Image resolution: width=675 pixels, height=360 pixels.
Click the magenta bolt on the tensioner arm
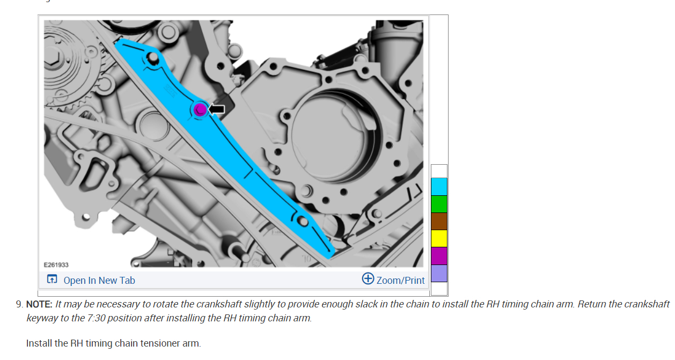[200, 109]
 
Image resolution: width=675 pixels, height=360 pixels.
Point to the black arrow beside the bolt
[217, 109]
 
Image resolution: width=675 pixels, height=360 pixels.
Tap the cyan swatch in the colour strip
[439, 187]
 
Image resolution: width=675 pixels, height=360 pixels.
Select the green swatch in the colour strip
[439, 204]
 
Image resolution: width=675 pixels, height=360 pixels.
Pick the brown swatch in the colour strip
[439, 222]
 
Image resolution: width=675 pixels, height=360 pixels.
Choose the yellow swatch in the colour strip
[439, 239]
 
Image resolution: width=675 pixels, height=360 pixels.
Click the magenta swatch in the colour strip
[439, 256]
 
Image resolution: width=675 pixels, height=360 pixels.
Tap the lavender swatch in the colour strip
[439, 274]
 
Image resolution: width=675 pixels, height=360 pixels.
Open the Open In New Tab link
[99, 281]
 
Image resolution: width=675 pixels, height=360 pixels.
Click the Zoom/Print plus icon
[368, 278]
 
